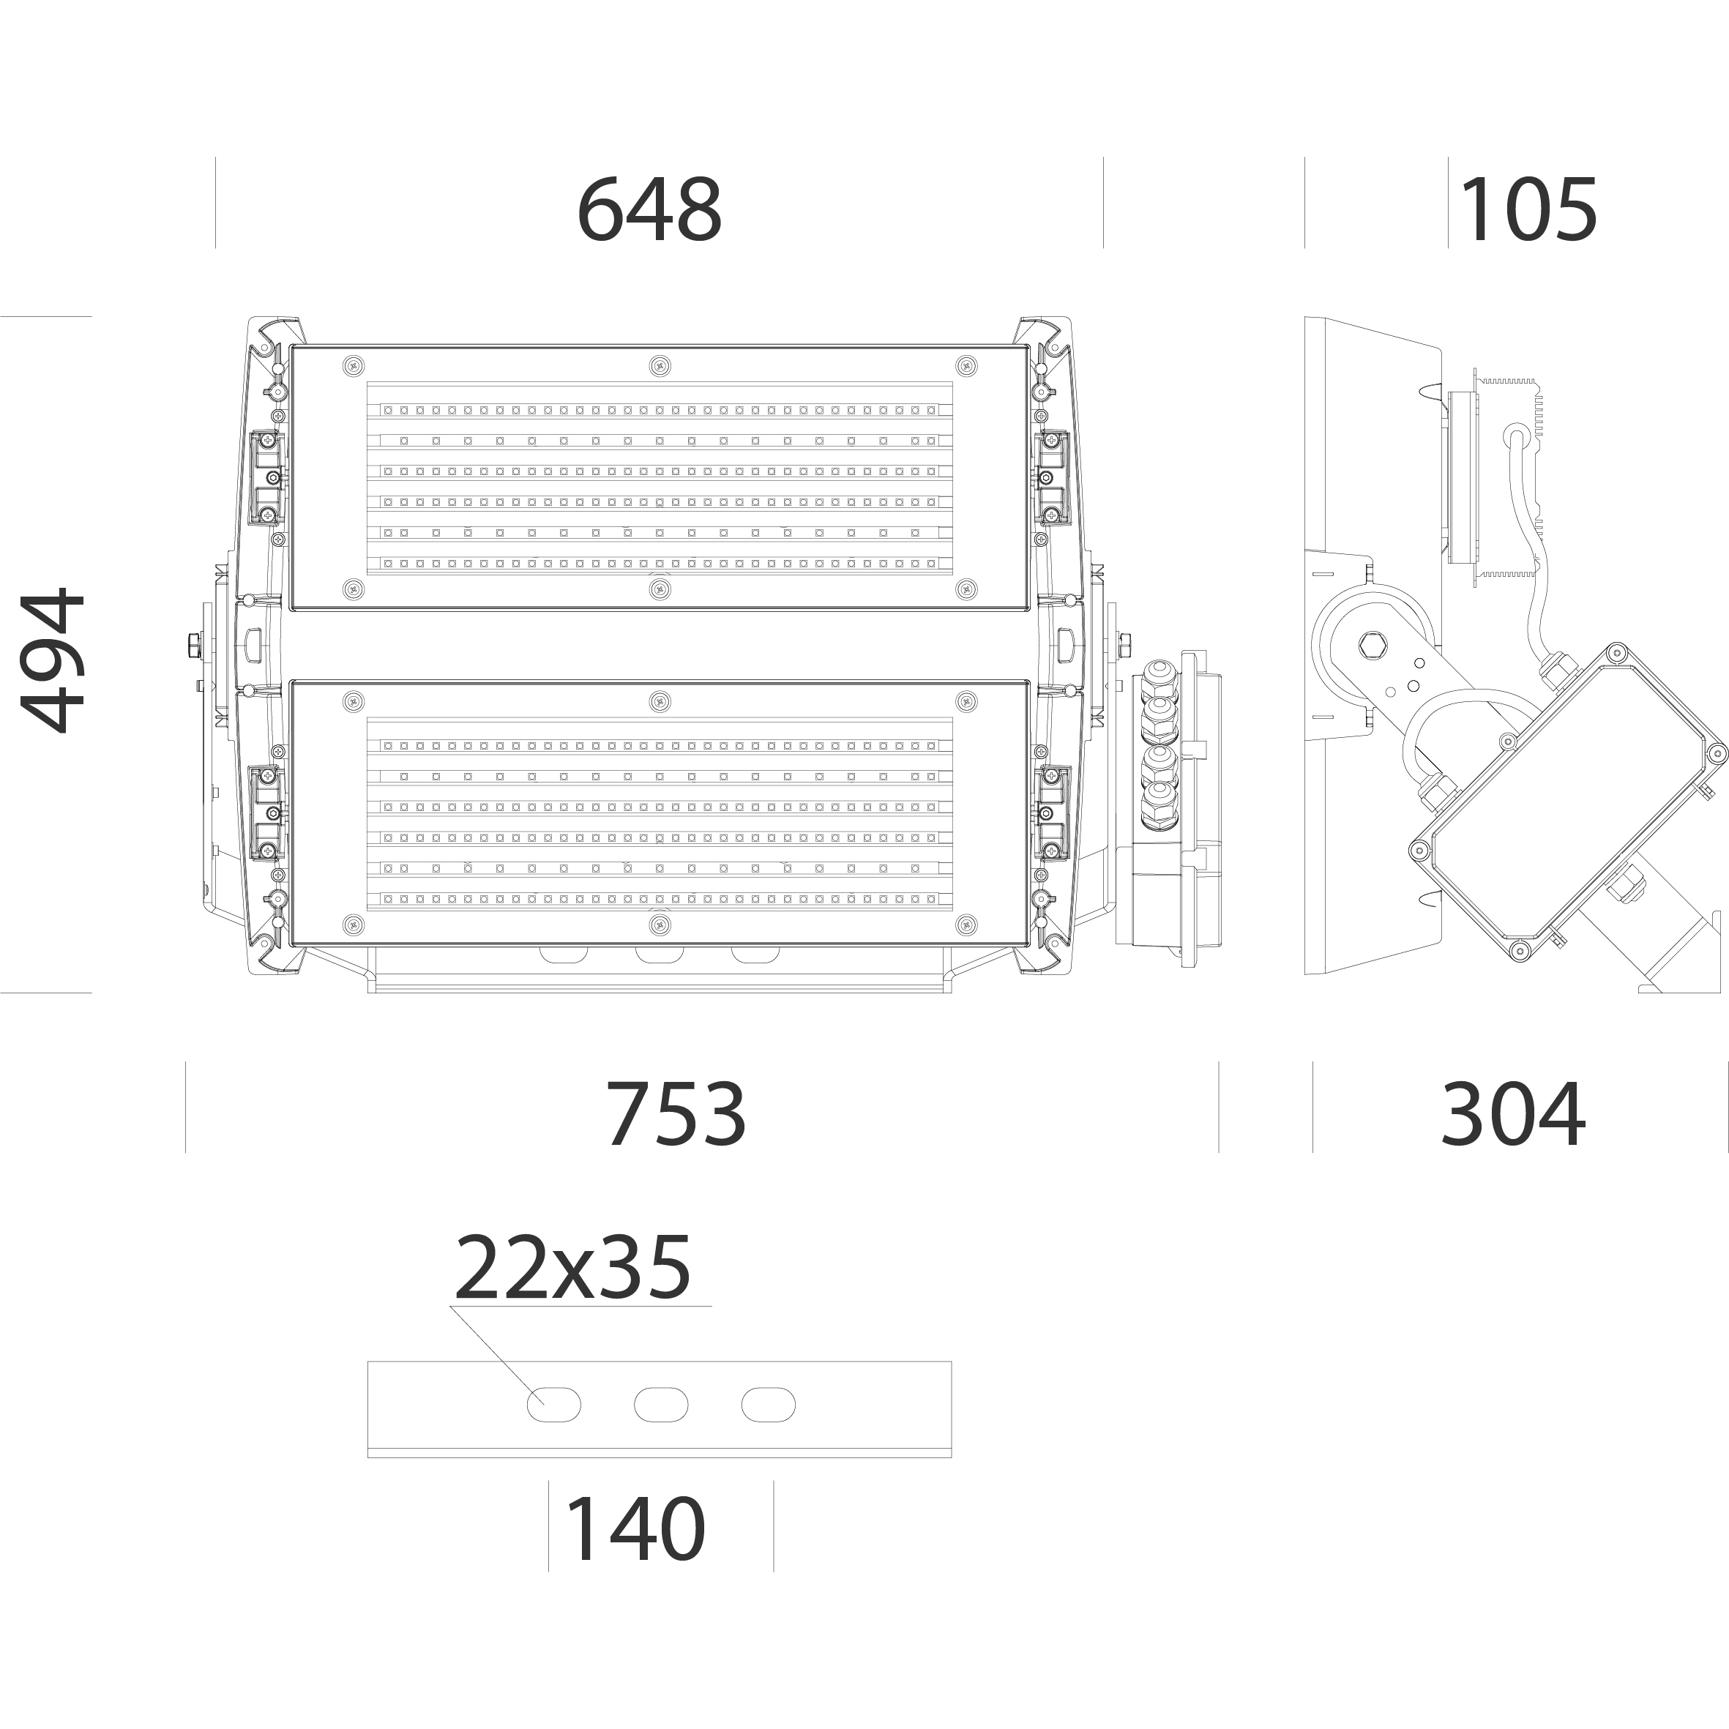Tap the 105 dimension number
[x=1528, y=209]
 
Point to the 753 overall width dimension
[x=676, y=1113]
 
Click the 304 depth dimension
[x=1513, y=1113]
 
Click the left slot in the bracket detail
[x=553, y=1405]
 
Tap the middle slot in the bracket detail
[x=660, y=1405]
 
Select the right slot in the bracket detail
[x=768, y=1405]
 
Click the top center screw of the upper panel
[x=660, y=365]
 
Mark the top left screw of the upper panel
[x=354, y=365]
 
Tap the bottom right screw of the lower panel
[x=966, y=924]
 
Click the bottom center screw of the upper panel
[x=660, y=588]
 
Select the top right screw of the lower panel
[x=966, y=701]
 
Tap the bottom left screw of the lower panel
[x=354, y=924]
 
